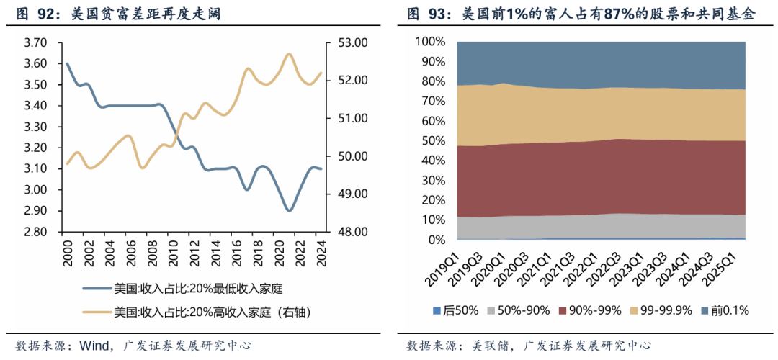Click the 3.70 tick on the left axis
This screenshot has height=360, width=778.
(36, 43)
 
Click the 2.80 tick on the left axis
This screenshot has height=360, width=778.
(36, 232)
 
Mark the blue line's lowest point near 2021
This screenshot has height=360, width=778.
(289, 210)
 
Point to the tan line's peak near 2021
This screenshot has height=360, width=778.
(289, 54)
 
